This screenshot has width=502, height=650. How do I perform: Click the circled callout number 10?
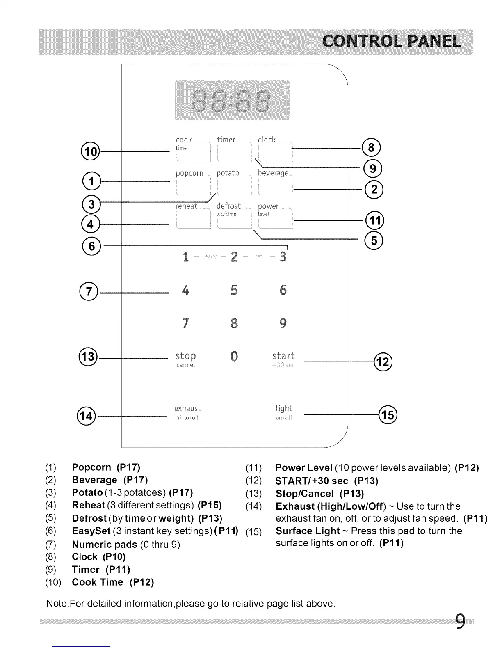click(x=91, y=151)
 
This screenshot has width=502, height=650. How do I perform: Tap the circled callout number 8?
click(x=372, y=147)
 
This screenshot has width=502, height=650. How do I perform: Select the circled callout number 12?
click(x=383, y=362)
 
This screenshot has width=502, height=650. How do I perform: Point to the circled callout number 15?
click(x=388, y=415)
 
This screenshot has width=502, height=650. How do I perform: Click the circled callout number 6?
click(x=91, y=246)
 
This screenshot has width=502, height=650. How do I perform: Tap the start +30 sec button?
click(x=283, y=359)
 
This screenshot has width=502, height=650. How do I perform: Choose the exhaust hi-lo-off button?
click(x=187, y=412)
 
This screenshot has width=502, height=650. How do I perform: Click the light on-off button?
click(x=284, y=412)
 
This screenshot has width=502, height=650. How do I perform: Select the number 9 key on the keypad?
click(x=283, y=323)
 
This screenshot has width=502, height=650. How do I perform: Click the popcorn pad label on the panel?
click(x=189, y=173)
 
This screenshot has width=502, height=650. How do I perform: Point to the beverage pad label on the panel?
click(x=273, y=173)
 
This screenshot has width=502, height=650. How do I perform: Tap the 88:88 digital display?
click(x=232, y=101)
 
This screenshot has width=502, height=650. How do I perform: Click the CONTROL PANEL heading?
click(x=391, y=41)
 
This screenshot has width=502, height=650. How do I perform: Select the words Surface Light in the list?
click(x=308, y=531)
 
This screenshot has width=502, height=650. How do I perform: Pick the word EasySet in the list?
click(x=91, y=531)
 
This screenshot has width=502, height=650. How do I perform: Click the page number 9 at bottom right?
click(x=460, y=621)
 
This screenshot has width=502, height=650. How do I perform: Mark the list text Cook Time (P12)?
click(x=113, y=582)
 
